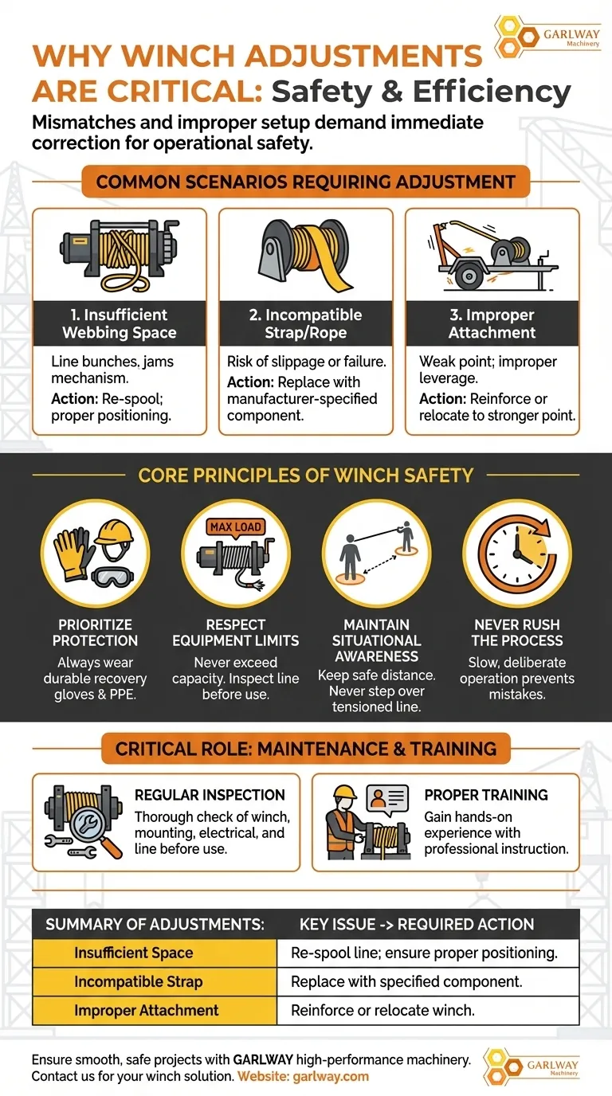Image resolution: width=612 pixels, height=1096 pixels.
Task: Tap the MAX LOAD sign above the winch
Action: coord(235,527)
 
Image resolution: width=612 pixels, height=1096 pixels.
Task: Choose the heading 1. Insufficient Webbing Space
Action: coord(120,323)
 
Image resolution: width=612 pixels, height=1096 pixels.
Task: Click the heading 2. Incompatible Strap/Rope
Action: coord(306,323)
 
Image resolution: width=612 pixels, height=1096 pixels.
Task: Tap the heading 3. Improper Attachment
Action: coord(492,323)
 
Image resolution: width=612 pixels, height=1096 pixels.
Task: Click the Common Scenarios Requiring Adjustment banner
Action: coord(306,182)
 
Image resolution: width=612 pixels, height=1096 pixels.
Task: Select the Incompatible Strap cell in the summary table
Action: coord(139,981)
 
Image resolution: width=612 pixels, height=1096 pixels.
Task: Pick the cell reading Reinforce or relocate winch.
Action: coord(383,1010)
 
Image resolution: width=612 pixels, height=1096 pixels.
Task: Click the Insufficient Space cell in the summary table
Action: coord(134,953)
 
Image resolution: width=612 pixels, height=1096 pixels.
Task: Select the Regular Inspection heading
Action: coord(210,795)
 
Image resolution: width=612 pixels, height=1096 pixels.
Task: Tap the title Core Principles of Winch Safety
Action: coord(306,476)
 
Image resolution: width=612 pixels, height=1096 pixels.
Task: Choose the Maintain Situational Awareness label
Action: coord(377,640)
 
